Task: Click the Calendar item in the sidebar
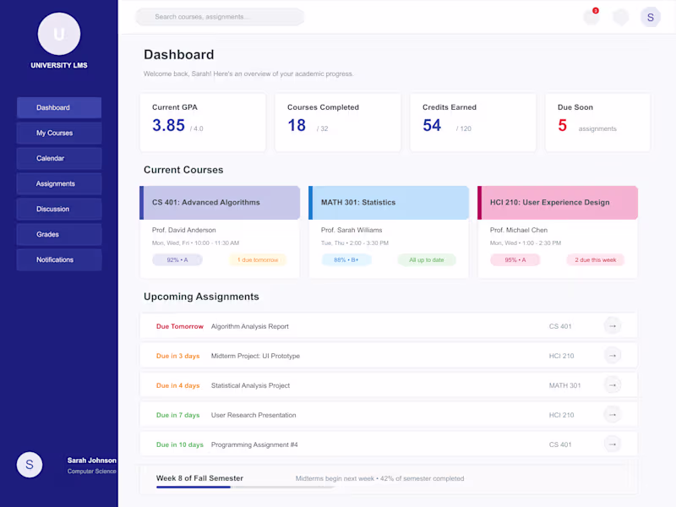58,158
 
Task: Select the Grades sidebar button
58,234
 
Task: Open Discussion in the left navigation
58,209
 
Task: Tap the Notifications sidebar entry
58,259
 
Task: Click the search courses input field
220,17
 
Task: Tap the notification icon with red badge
591,17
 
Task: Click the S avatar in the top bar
650,17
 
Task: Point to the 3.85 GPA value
168,125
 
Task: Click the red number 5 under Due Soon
562,125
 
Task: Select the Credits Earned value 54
432,125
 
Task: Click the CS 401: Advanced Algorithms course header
220,203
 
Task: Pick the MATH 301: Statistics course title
358,203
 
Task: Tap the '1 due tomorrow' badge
258,259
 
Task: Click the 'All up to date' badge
427,259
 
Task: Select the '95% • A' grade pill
515,259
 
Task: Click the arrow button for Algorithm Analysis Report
613,326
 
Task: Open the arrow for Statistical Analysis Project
613,385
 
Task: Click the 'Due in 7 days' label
178,415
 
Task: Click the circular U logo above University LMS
59,34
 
